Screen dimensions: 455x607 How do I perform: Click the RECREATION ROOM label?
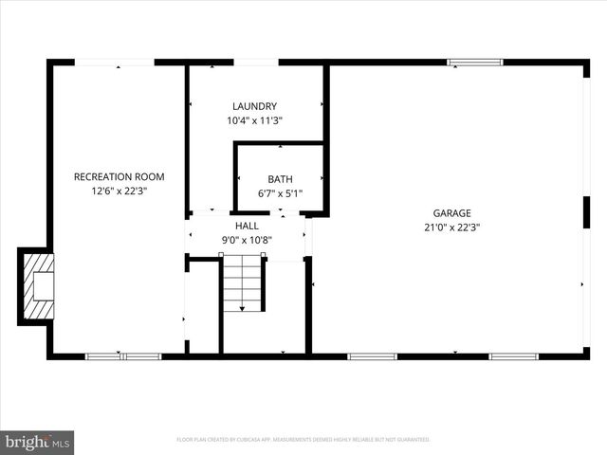click(119, 176)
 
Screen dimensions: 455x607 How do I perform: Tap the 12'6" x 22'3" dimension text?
click(119, 191)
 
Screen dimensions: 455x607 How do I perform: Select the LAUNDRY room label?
click(254, 106)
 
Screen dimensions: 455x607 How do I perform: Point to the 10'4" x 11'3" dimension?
click(254, 120)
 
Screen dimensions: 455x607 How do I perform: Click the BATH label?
click(280, 179)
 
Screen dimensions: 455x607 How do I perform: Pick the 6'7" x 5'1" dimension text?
click(280, 193)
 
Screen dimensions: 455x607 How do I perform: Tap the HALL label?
click(247, 226)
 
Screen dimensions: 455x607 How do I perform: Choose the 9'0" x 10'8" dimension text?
click(247, 240)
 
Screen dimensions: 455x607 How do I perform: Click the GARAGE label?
click(452, 213)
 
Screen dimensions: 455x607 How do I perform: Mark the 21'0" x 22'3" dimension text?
click(452, 227)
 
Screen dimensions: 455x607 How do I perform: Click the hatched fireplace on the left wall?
click(39, 286)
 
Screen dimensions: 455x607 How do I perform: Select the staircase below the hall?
click(242, 282)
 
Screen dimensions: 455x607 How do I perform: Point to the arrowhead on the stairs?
click(242, 308)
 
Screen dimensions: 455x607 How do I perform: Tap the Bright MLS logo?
click(38, 442)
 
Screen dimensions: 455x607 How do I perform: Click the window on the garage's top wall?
click(475, 63)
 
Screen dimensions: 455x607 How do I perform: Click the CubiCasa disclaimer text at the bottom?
click(303, 440)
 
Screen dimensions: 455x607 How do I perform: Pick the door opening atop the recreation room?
click(115, 63)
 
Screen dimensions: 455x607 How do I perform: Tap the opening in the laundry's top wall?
click(256, 63)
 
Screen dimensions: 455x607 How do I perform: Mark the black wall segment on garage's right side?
click(586, 211)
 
